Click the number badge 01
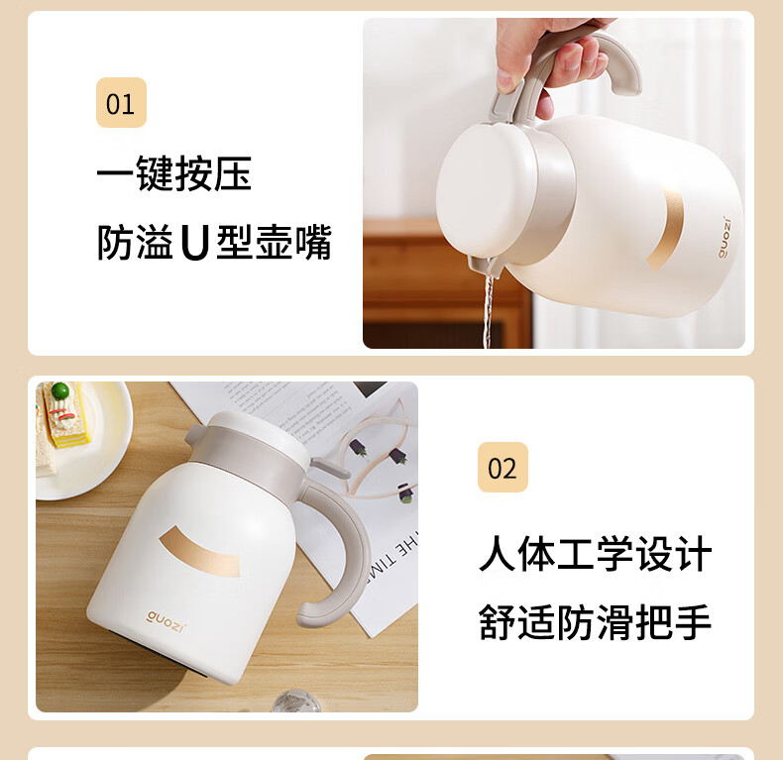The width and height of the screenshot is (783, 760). coord(121,102)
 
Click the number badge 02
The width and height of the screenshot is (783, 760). coord(503,468)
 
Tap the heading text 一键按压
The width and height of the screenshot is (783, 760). coord(174,173)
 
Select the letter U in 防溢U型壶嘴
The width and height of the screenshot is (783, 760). coord(194,243)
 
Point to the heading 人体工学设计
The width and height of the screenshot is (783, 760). coord(596,553)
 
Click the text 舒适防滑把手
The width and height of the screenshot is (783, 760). coord(595,622)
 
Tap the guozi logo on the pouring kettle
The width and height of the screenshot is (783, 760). coord(725,238)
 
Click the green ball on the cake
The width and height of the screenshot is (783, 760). coord(60,390)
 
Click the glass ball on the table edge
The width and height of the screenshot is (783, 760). coord(296,701)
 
